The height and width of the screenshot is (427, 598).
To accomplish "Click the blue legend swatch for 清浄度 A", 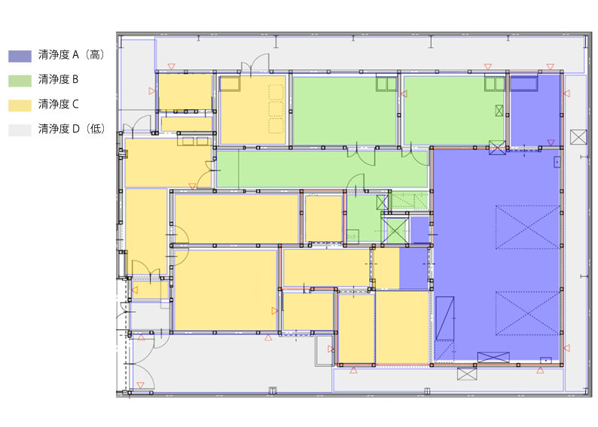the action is (20, 56).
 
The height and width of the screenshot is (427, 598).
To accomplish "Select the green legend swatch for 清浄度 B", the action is (20, 81).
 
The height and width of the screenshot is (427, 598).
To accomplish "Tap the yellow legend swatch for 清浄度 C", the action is (20, 105).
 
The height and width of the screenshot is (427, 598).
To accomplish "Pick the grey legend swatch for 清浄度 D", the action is (20, 130).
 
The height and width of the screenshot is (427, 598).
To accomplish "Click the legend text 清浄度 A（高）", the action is (72, 55).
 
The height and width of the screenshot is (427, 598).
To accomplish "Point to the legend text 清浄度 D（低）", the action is (72, 129).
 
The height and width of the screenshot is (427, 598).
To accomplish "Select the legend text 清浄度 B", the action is (58, 79).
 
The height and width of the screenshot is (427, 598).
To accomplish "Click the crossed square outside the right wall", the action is (578, 137).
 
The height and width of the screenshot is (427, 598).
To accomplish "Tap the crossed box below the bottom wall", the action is (467, 374).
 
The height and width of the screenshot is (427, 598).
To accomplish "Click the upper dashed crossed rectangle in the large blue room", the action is (527, 227).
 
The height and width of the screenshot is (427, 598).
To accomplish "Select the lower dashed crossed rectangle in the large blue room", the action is (527, 313).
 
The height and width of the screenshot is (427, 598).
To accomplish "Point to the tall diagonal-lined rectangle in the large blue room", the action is (445, 319).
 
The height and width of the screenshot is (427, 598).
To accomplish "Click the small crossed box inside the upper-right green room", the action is (499, 111).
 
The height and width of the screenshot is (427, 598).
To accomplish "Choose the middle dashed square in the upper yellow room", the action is (276, 109).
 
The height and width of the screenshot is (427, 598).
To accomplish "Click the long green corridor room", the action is (322, 169).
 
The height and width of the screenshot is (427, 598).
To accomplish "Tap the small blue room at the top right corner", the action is (535, 111).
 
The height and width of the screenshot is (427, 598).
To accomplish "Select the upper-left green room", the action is (344, 111).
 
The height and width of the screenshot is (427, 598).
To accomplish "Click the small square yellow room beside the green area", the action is (323, 218).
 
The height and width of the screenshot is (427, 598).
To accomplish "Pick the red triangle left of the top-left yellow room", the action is (152, 91).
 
